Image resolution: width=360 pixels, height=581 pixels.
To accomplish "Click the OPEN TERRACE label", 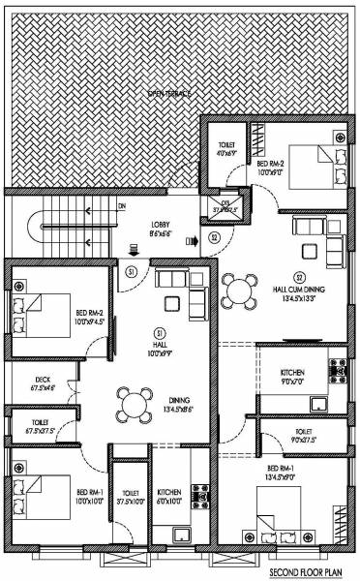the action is point(169,93).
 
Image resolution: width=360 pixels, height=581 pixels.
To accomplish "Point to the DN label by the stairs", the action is point(122,206).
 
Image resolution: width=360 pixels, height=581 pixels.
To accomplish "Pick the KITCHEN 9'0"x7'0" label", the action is point(293,375).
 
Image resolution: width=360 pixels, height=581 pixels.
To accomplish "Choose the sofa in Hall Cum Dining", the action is point(310,229).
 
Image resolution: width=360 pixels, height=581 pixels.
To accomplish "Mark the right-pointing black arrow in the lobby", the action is point(192,238).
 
